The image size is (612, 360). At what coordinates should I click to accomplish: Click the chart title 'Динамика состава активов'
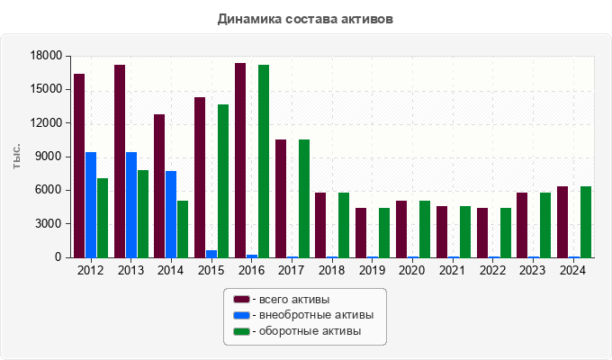click(305, 18)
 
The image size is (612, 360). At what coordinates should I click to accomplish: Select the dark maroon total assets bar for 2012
click(79, 166)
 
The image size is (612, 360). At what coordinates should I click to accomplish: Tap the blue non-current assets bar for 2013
click(131, 204)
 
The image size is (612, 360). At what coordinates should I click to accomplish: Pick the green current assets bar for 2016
click(264, 161)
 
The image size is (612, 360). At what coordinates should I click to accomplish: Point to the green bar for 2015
click(223, 181)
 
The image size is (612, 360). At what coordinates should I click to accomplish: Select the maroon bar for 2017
click(281, 198)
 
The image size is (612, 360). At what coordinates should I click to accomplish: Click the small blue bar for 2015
click(211, 254)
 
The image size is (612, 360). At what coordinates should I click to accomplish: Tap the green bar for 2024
click(586, 221)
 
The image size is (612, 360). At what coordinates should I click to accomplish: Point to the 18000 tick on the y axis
click(45, 57)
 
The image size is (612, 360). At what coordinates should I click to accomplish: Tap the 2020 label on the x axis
click(411, 270)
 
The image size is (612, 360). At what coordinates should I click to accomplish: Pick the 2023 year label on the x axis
click(532, 270)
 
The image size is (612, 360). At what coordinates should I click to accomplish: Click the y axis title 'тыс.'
click(17, 157)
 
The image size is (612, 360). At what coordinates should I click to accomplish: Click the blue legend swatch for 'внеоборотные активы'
click(241, 315)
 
